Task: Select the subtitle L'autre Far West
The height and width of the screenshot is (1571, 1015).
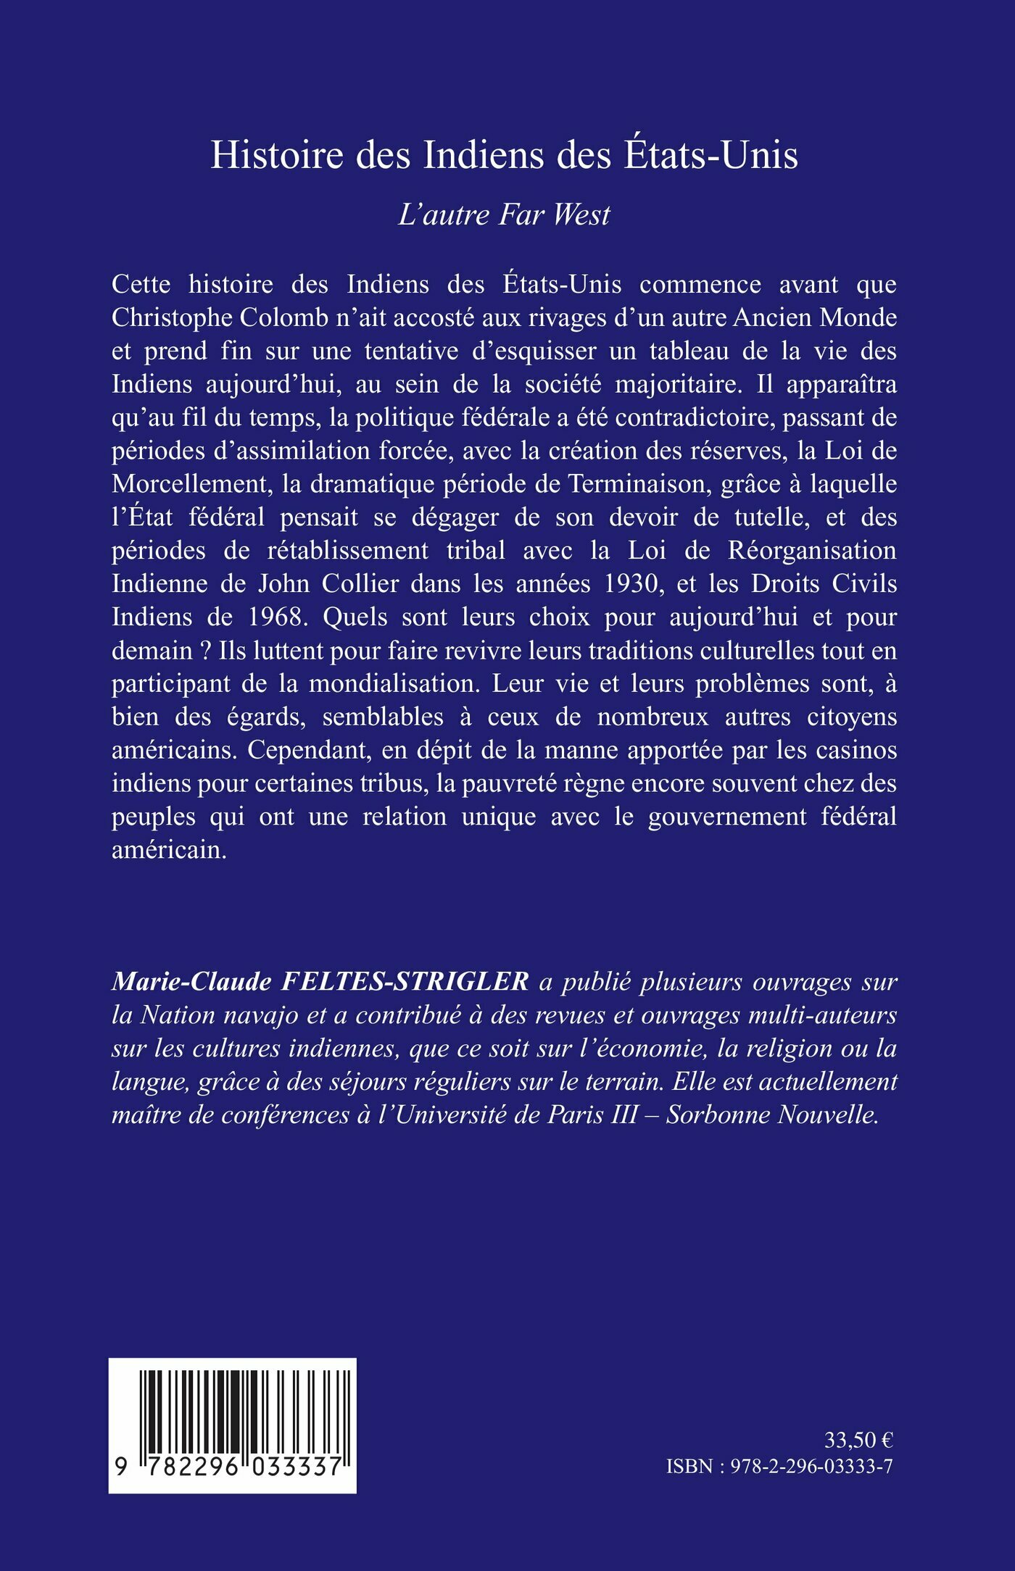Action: coord(504,215)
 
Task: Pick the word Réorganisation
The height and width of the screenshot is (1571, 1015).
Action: coord(812,551)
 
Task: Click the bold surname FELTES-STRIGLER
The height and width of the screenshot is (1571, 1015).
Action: coord(404,983)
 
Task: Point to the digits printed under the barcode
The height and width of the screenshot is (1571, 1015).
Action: coord(232,1467)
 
